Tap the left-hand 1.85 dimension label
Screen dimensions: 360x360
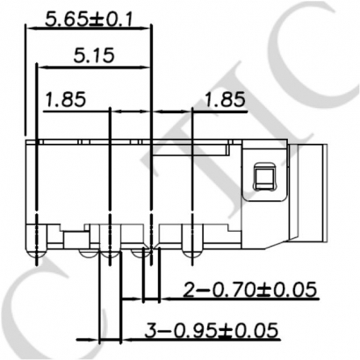65,100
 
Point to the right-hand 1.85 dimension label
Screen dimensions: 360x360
224,100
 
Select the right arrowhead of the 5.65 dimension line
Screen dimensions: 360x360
147,27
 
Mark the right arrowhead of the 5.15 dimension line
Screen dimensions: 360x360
147,68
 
